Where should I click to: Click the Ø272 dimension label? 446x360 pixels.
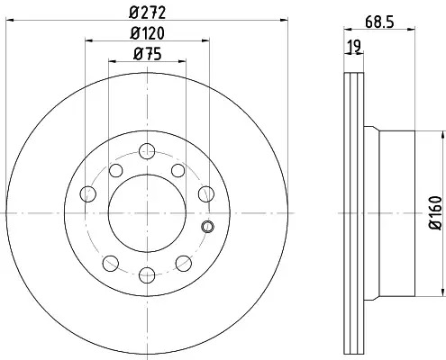point(147,13)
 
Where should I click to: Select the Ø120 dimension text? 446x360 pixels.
point(147,33)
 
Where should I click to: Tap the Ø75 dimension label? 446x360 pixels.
point(147,54)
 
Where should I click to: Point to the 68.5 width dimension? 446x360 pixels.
point(379,22)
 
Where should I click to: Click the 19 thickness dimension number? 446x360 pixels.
point(354,46)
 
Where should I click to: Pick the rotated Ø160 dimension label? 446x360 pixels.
point(436,213)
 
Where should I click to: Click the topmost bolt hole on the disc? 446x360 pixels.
point(147,151)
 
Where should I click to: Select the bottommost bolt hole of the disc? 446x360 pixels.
point(147,274)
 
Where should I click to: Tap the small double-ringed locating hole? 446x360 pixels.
point(207,227)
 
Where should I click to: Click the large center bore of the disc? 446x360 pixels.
point(147,213)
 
